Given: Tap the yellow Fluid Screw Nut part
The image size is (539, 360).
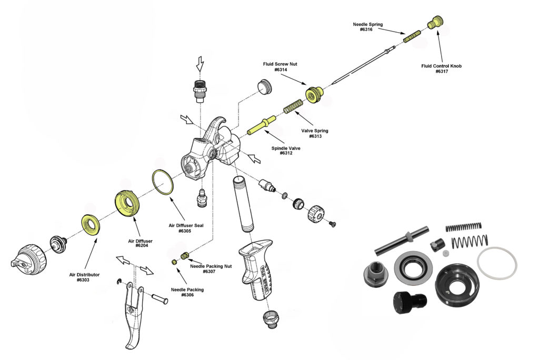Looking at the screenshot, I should (314, 95).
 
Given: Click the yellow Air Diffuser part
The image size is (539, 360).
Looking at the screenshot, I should (129, 204).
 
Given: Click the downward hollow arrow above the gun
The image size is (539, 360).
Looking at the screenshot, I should (199, 64).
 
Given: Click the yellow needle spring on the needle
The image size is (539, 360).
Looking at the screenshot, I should (412, 37).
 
